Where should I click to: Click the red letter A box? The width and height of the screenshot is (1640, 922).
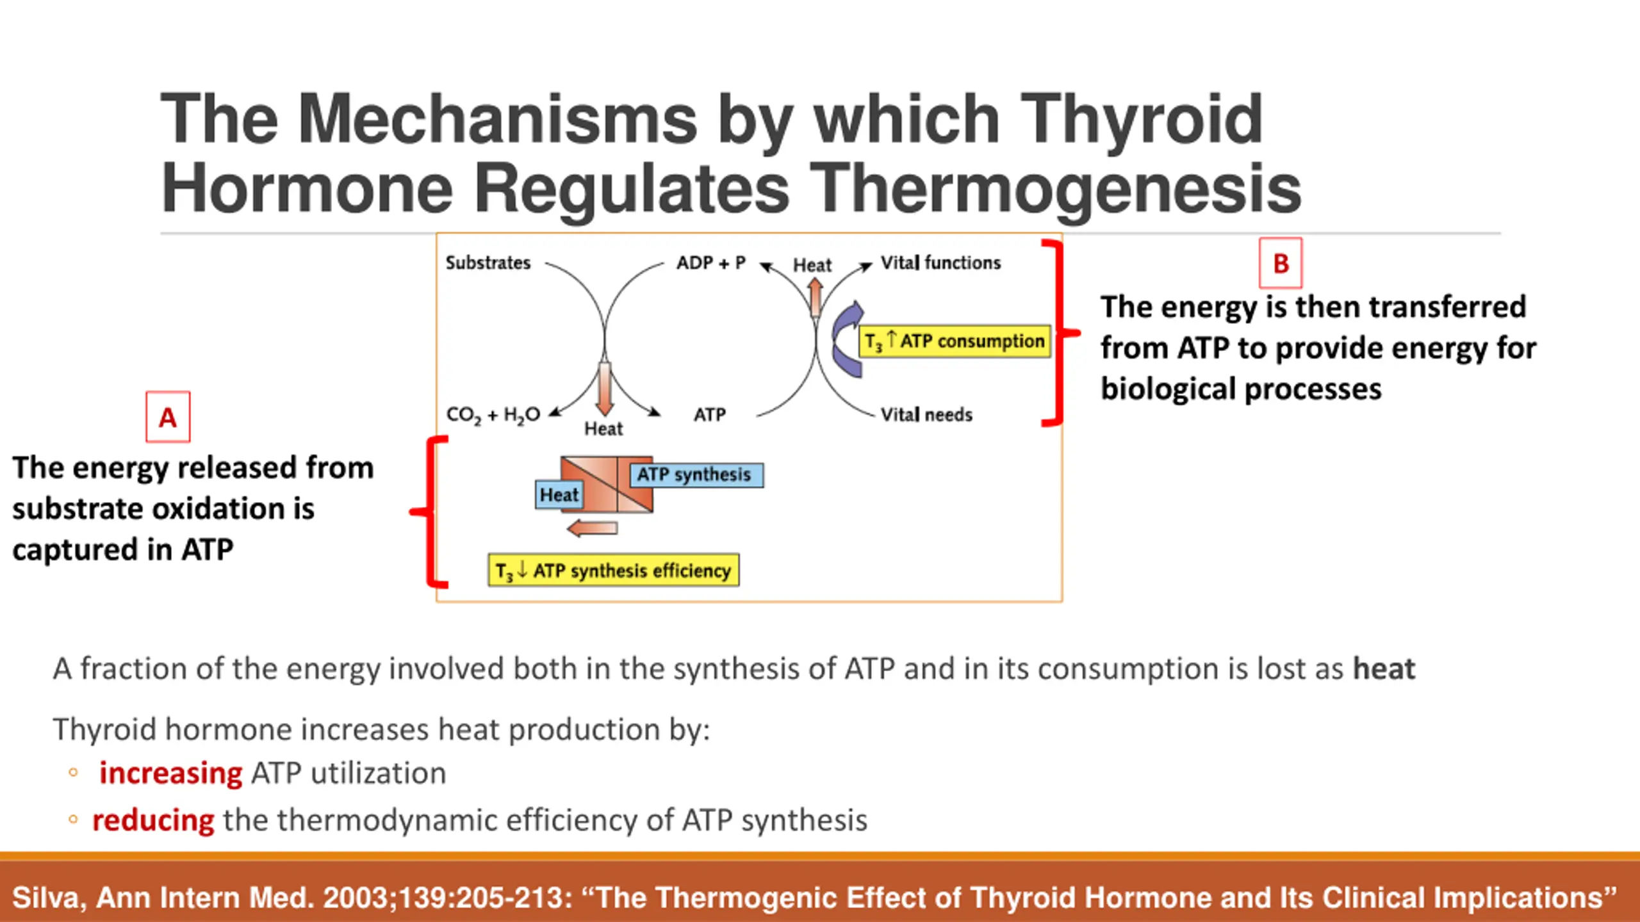(x=168, y=417)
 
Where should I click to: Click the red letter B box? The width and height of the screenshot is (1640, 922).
(x=1280, y=263)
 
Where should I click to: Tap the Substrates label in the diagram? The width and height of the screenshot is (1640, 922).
(x=488, y=263)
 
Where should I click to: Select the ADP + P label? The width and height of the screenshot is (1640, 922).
(x=711, y=263)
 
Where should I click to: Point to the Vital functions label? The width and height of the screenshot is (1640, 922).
(x=940, y=263)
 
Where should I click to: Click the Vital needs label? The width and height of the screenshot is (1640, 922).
(x=926, y=415)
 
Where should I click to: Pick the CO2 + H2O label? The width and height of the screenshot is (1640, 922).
(x=493, y=415)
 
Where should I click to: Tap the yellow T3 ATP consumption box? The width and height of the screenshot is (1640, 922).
(x=955, y=341)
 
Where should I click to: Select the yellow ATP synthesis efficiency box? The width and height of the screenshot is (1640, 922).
(x=613, y=570)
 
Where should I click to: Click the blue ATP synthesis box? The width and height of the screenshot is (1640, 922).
(x=696, y=474)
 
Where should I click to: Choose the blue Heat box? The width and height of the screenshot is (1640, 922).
(x=559, y=495)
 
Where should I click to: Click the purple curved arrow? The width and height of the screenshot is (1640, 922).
(x=848, y=339)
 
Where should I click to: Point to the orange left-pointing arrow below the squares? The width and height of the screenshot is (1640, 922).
(x=593, y=528)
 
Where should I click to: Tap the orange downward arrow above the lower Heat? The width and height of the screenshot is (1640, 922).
(x=604, y=387)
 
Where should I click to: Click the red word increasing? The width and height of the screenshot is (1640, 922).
(x=170, y=773)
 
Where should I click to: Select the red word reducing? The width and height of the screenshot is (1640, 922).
(x=153, y=820)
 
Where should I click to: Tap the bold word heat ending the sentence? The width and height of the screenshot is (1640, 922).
(x=1384, y=669)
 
